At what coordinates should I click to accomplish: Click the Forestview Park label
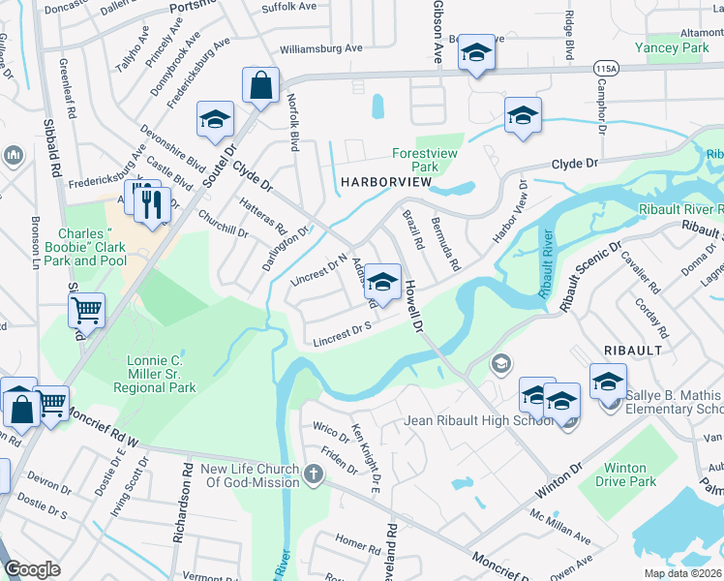(x=424, y=160)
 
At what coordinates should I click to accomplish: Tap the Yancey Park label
(x=671, y=46)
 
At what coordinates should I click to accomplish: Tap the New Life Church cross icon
(x=312, y=474)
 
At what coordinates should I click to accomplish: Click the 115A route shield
(x=607, y=70)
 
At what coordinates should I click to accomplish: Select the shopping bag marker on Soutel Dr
(x=260, y=86)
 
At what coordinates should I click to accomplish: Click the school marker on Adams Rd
(x=383, y=283)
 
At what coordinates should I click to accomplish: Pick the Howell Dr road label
(x=414, y=304)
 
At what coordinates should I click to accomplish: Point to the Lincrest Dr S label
(x=343, y=334)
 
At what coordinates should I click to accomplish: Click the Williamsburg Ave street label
(x=319, y=47)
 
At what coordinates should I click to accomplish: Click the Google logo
(x=32, y=569)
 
